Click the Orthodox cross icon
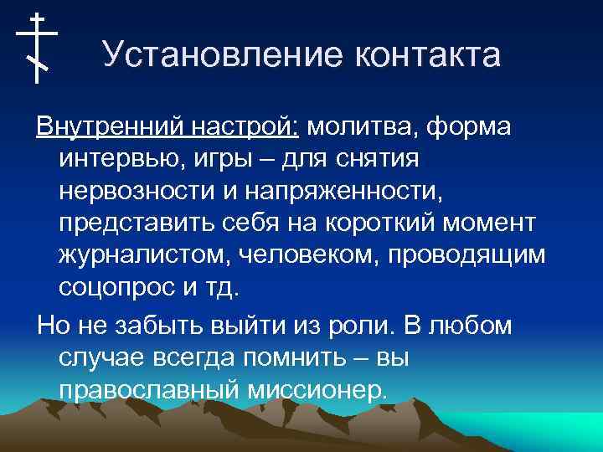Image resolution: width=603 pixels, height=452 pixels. pyautogui.click(x=37, y=48)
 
